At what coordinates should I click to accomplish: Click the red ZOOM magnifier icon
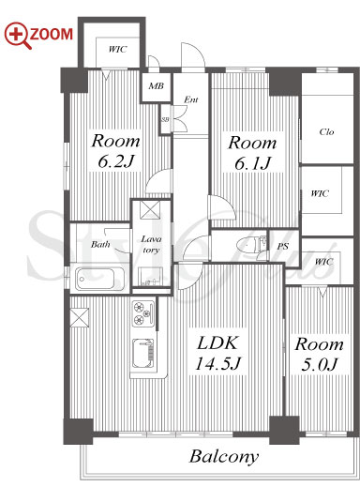click(17, 35)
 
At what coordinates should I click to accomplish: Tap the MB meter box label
click(156, 85)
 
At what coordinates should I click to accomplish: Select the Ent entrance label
click(190, 99)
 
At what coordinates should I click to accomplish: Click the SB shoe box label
click(165, 119)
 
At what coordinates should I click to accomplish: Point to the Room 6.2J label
click(115, 151)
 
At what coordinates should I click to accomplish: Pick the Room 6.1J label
click(252, 153)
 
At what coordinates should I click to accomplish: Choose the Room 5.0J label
click(319, 354)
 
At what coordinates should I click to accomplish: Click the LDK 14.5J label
click(217, 353)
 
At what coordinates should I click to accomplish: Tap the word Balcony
click(224, 457)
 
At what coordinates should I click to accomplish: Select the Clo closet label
click(326, 132)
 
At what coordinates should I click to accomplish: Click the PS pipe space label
click(282, 247)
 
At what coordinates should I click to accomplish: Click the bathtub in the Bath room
click(100, 278)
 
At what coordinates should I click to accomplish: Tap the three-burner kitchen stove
click(143, 313)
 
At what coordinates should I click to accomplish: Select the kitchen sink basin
click(143, 353)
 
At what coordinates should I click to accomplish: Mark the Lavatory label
click(151, 244)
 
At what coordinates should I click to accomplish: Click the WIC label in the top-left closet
click(117, 50)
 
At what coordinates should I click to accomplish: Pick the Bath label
click(100, 244)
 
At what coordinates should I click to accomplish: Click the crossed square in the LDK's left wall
click(80, 317)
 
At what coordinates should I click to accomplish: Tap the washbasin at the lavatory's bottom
click(150, 276)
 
